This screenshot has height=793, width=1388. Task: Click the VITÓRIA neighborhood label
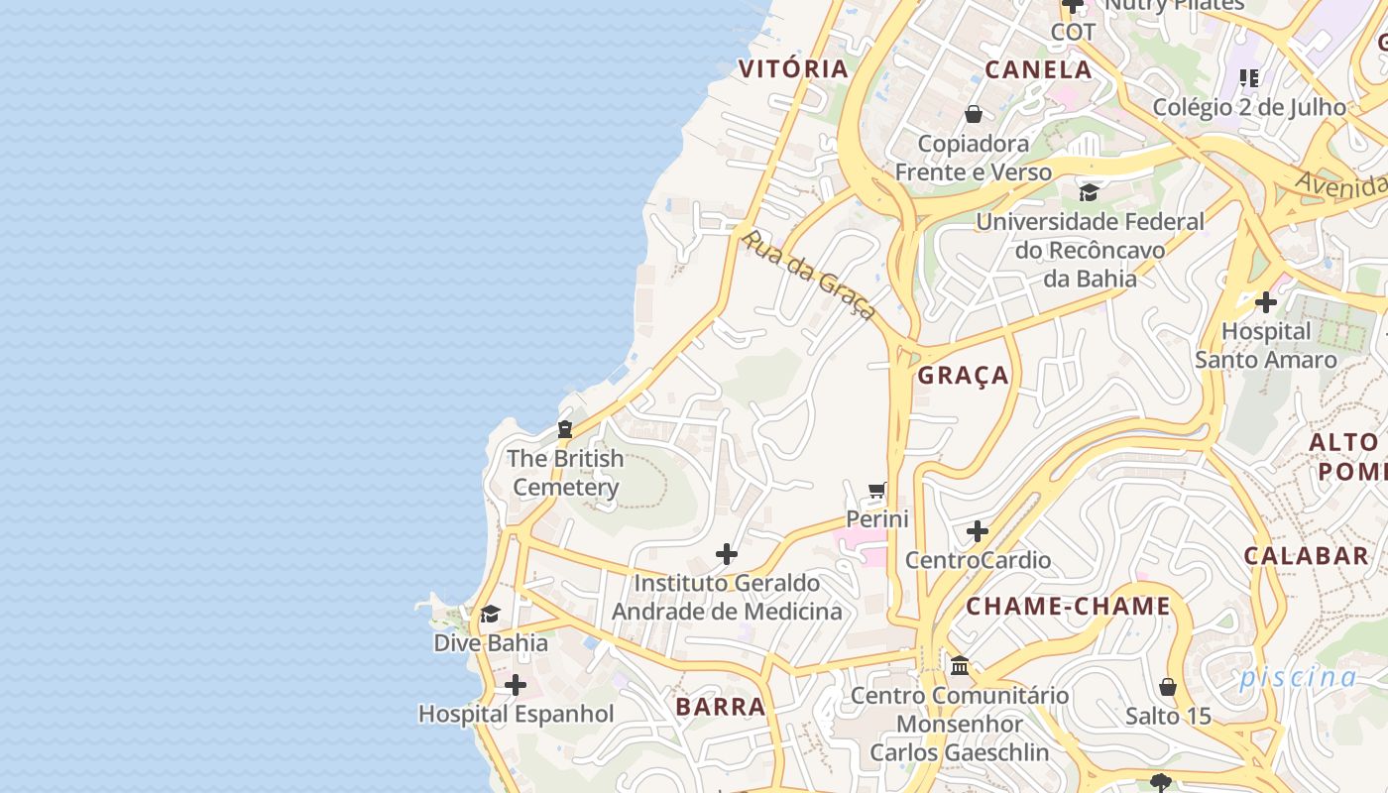point(793,68)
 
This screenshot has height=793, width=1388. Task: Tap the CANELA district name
point(1038,69)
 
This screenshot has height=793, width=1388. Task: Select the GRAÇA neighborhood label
point(963,375)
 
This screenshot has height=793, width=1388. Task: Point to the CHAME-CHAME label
point(1068,606)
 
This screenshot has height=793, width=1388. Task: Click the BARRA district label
point(721,707)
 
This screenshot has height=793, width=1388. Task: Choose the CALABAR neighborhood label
point(1306,555)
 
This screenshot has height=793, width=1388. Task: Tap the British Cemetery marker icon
point(565,429)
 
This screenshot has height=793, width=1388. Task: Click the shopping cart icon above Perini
point(877,490)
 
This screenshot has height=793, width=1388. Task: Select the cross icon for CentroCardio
point(978,531)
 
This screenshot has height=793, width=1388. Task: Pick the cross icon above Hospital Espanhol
point(515,685)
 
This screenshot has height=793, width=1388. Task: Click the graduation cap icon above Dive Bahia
point(491,615)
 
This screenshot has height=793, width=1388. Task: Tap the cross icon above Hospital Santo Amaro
point(1266,301)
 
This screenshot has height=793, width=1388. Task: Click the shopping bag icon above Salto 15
point(1168,686)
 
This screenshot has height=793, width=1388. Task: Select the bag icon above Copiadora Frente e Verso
point(974,114)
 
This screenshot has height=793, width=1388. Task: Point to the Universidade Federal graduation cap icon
point(1089,192)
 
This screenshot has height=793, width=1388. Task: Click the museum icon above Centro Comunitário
point(960,666)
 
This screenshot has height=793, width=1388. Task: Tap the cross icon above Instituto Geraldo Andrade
point(727,554)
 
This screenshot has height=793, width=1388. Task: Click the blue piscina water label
point(1297,678)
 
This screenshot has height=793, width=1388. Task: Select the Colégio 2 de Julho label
point(1249,107)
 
